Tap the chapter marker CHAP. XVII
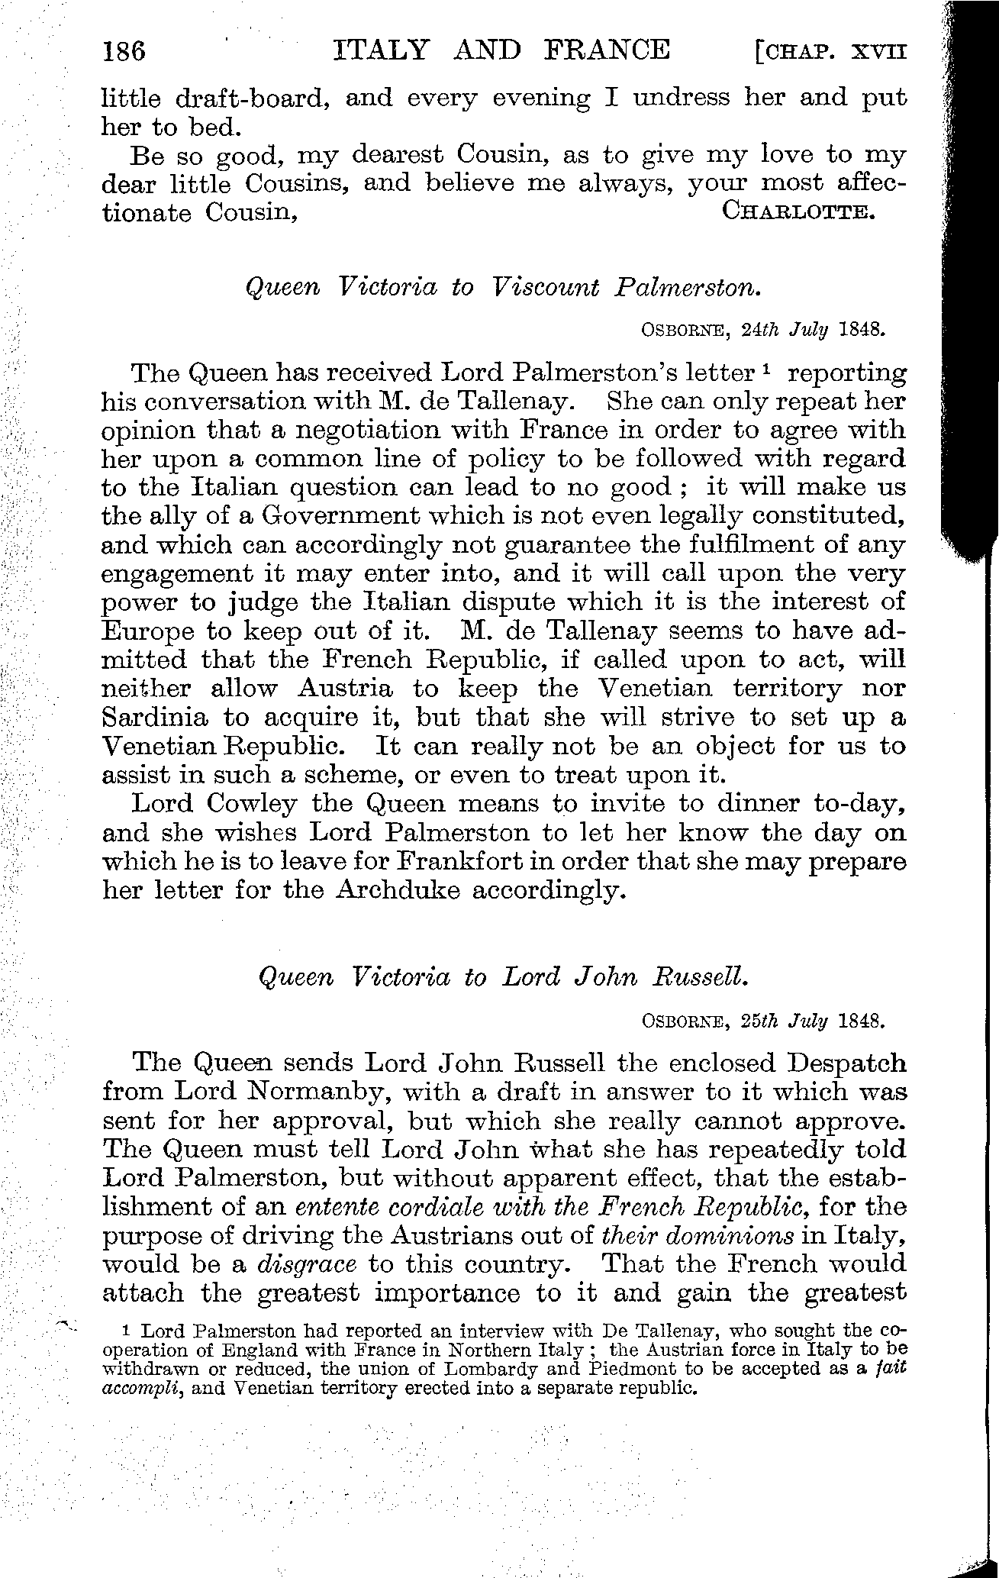831,52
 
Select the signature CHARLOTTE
798,211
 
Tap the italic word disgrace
307,1264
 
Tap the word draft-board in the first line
252,99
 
